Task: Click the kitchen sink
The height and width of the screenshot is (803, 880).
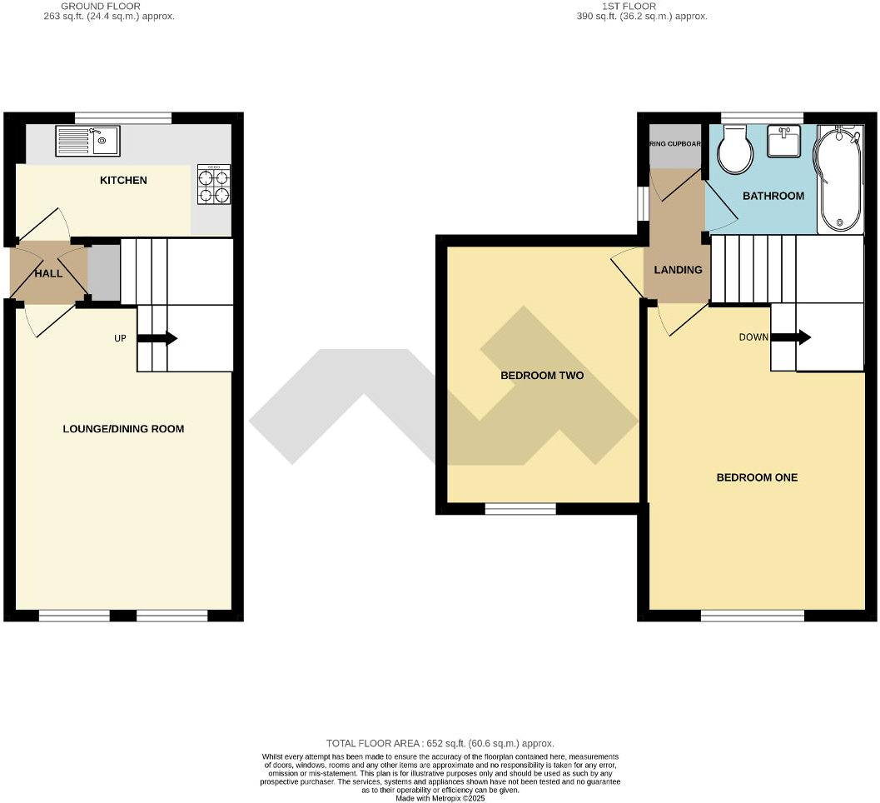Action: [x=87, y=140]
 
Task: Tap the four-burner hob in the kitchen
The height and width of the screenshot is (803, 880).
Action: [x=213, y=185]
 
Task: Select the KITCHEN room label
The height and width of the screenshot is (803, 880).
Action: [x=123, y=180]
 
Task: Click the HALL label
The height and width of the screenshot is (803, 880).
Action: [x=47, y=273]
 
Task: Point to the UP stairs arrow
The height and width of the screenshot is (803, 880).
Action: [x=157, y=338]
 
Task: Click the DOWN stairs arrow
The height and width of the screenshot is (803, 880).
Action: [x=791, y=337]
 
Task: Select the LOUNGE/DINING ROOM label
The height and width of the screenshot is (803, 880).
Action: [x=123, y=429]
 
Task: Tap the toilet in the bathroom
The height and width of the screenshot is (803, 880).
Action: [x=734, y=149]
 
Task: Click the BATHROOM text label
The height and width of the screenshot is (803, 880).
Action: [x=773, y=196]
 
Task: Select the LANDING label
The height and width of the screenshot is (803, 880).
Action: [x=678, y=270]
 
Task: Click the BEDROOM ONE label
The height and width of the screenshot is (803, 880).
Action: [x=757, y=477]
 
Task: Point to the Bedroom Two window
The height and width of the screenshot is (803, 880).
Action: [x=520, y=508]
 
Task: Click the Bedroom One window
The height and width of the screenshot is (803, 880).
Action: [x=753, y=616]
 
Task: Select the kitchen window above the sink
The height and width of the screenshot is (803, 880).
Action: [x=123, y=117]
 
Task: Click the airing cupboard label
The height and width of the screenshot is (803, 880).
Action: [x=675, y=144]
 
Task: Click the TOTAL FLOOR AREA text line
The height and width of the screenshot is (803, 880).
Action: [x=440, y=743]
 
